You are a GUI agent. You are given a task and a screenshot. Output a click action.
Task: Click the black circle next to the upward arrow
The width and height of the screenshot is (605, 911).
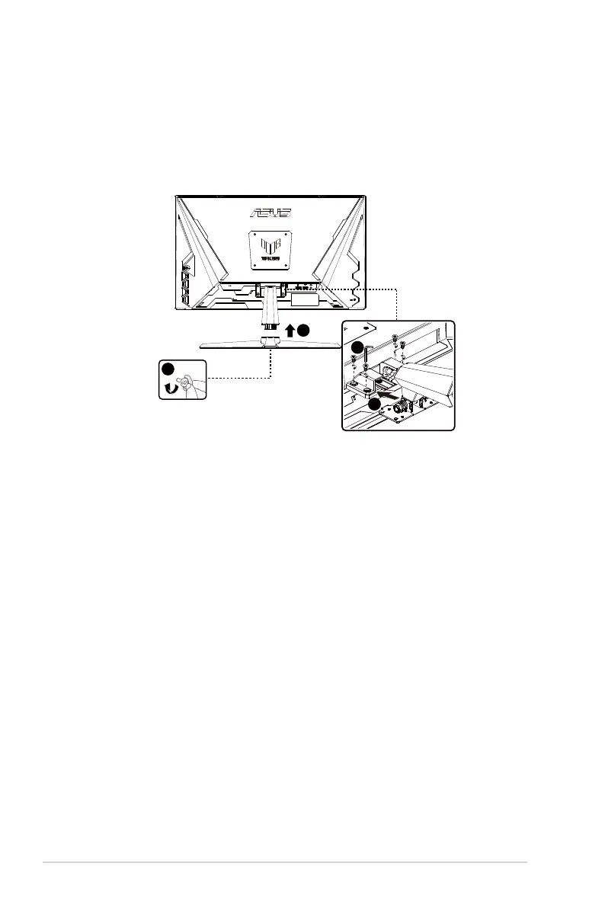303,331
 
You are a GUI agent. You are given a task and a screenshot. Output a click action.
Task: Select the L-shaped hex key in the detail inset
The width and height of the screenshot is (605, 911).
368,352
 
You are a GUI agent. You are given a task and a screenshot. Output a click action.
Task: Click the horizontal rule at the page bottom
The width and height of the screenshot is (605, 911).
284,863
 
